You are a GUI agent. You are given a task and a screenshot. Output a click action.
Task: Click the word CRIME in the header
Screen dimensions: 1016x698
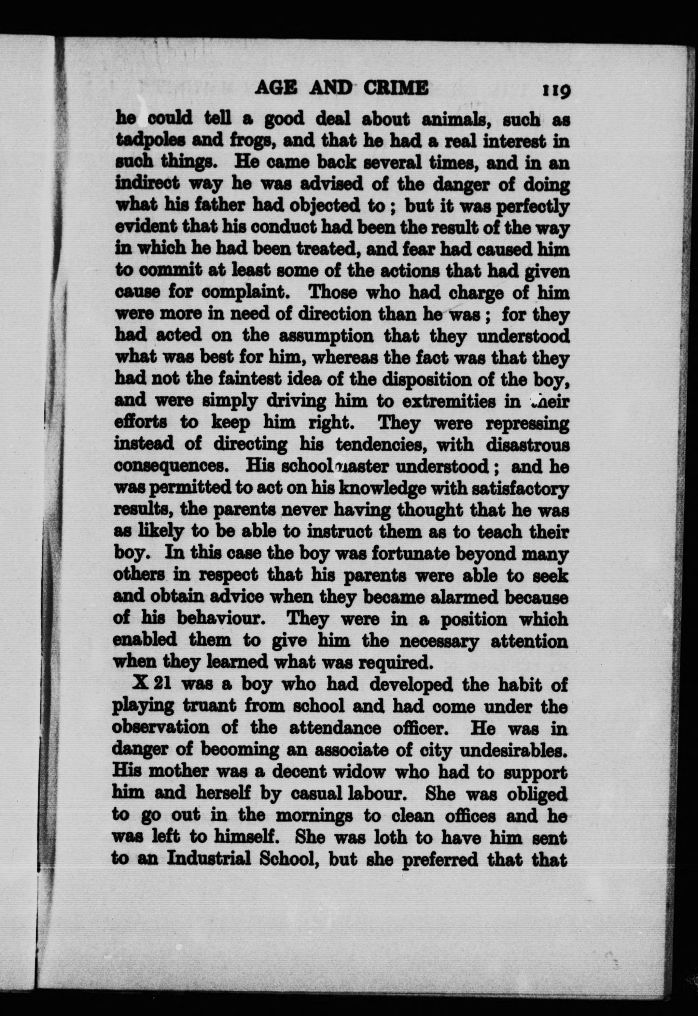(x=396, y=89)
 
